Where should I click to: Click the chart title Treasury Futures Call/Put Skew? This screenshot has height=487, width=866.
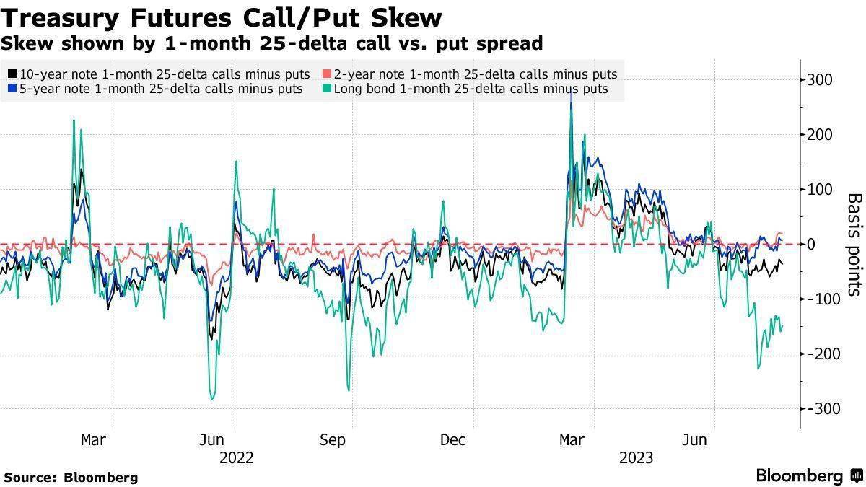coord(222,17)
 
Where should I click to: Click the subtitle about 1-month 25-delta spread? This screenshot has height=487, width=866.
coord(271,43)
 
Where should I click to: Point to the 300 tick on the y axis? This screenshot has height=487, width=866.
coord(823,80)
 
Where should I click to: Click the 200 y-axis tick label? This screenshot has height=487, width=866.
coord(823,135)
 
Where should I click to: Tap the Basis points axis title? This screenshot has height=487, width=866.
coord(854,244)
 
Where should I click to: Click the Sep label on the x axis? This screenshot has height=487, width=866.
coord(333,439)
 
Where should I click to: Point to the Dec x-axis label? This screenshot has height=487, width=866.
coord(452,439)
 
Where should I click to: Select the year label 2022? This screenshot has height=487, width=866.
coord(237,457)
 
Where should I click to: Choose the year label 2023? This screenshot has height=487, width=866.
coord(635,457)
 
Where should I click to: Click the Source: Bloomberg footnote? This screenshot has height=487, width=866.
coord(71,477)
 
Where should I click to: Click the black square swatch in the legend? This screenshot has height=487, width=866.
coord(12,74)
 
